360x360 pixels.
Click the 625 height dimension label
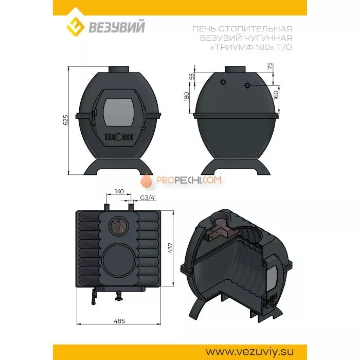click(65, 120)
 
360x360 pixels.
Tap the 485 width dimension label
click(119, 321)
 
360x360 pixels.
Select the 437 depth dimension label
click(170, 248)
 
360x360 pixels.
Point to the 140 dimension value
click(119, 191)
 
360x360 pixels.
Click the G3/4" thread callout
click(148, 197)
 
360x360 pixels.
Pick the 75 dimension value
click(271, 66)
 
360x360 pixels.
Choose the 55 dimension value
click(192, 76)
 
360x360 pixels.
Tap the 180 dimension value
click(186, 96)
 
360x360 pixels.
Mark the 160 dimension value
click(276, 95)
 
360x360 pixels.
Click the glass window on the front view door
click(118, 112)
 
